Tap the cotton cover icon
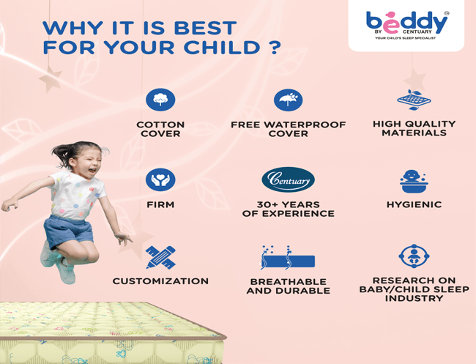point(160,100)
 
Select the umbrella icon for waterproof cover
point(288,100)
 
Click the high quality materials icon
point(414,100)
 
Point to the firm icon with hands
point(160,179)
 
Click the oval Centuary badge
point(288,179)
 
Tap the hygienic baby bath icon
point(414,179)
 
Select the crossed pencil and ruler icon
point(160,257)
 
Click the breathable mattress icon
point(288,259)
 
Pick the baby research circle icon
point(414,256)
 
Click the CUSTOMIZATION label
point(160,281)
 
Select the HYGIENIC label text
point(414,205)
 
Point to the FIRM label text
point(160,205)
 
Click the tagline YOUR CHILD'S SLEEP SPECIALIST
point(406,38)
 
